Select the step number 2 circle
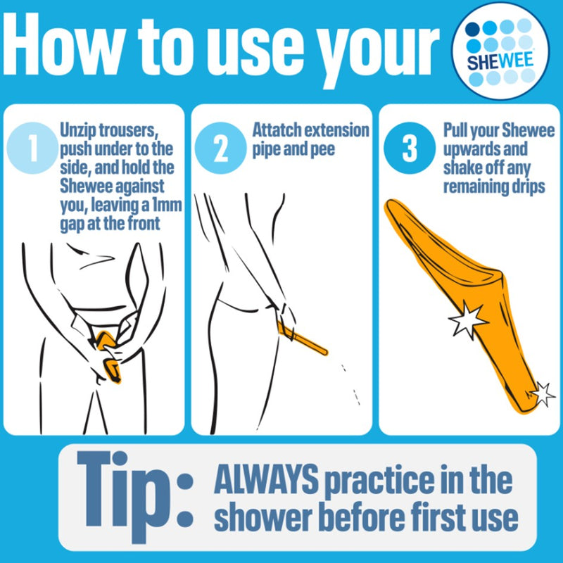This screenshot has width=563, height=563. [x=217, y=148]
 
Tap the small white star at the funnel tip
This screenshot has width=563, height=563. [x=542, y=393]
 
